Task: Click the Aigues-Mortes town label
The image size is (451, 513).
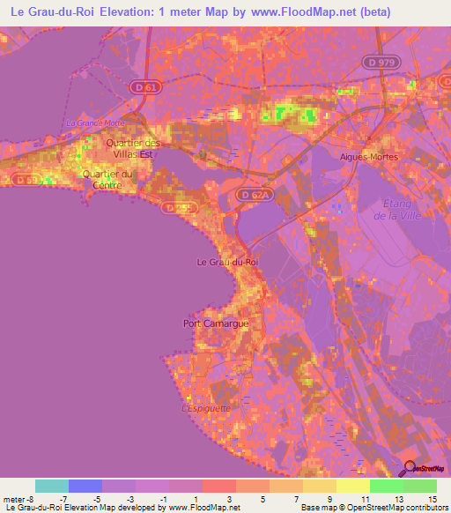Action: click(x=368, y=157)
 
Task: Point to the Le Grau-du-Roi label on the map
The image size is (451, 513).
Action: click(x=226, y=262)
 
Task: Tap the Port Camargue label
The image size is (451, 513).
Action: click(x=215, y=323)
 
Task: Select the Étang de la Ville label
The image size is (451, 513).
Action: click(x=403, y=209)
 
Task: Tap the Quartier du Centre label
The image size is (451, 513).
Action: click(x=107, y=179)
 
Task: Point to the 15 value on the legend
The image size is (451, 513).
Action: click(x=433, y=499)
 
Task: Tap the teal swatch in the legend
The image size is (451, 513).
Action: click(x=52, y=486)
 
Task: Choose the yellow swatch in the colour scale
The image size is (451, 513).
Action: click(x=353, y=486)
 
